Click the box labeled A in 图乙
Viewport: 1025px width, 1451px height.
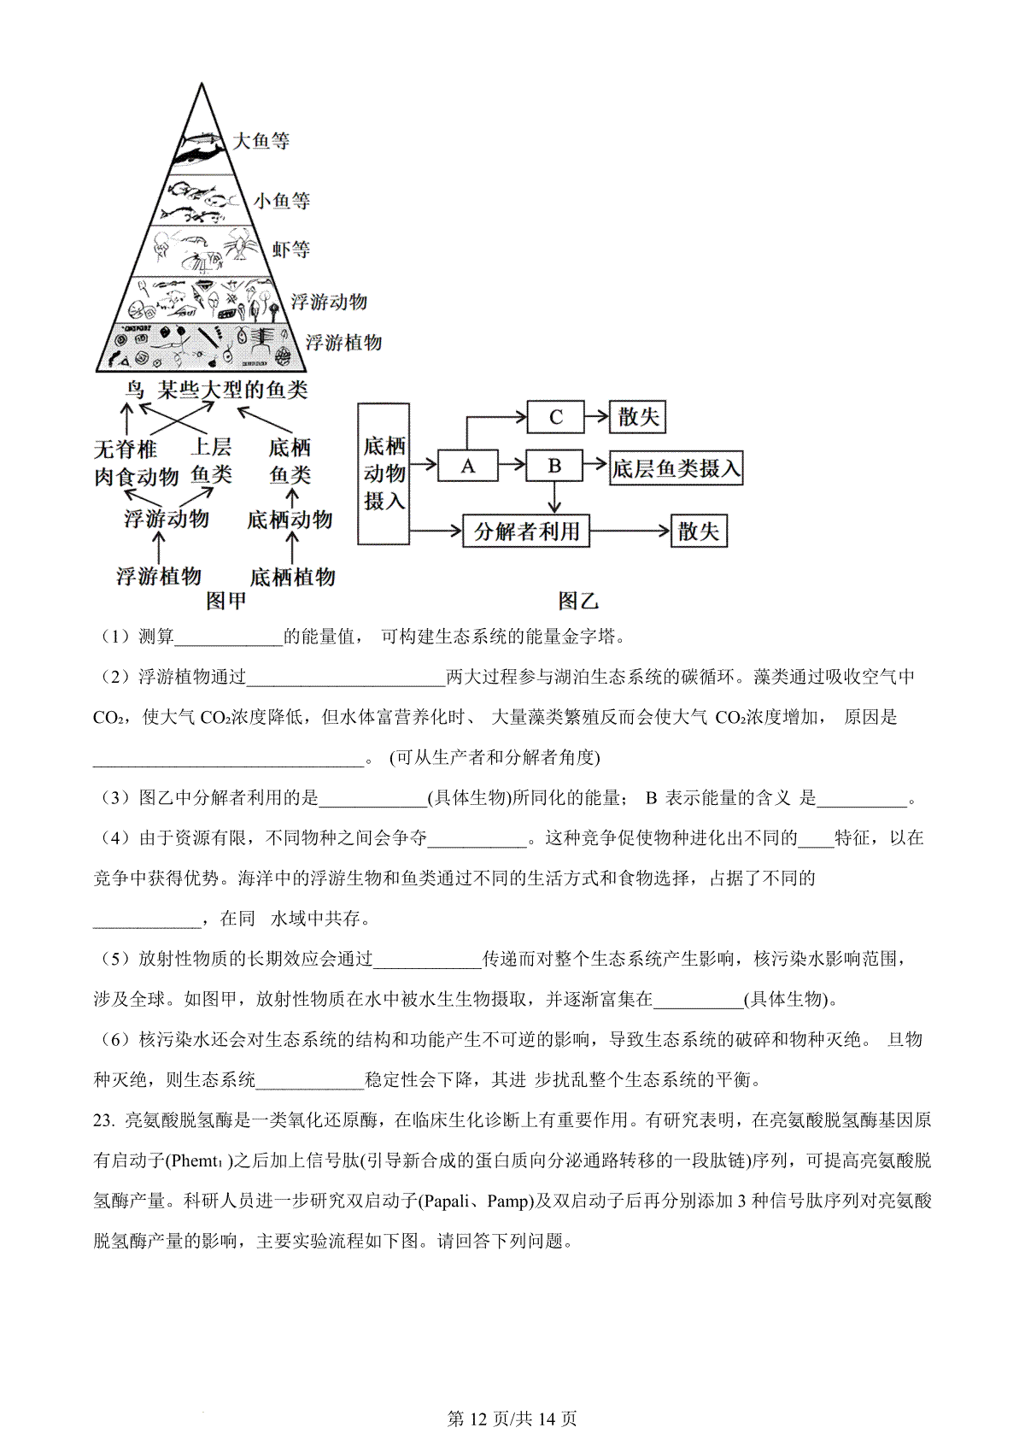coord(467,466)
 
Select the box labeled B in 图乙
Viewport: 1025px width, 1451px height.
coord(554,466)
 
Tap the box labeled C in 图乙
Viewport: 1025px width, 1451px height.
coord(555,417)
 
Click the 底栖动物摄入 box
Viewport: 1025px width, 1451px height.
coord(384,473)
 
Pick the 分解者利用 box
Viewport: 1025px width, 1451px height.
coord(526,532)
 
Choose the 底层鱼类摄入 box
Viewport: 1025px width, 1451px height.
coord(676,468)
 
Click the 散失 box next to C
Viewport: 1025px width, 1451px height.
coord(638,417)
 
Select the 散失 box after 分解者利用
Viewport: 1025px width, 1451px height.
coord(699,532)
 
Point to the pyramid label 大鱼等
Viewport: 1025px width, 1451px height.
coord(261,140)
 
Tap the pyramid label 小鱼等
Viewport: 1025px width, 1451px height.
coord(281,201)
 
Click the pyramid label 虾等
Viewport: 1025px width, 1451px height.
coord(290,250)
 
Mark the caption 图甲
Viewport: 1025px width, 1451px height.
coord(226,602)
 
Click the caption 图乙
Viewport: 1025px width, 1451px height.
coord(578,602)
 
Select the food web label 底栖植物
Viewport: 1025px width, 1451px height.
coord(292,577)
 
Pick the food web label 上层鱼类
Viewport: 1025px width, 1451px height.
coord(211,461)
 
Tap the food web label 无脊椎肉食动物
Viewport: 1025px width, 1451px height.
coord(136,462)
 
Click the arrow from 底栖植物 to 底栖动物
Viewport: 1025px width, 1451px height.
coord(292,548)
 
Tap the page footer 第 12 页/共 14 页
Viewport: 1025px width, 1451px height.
coord(512,1419)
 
